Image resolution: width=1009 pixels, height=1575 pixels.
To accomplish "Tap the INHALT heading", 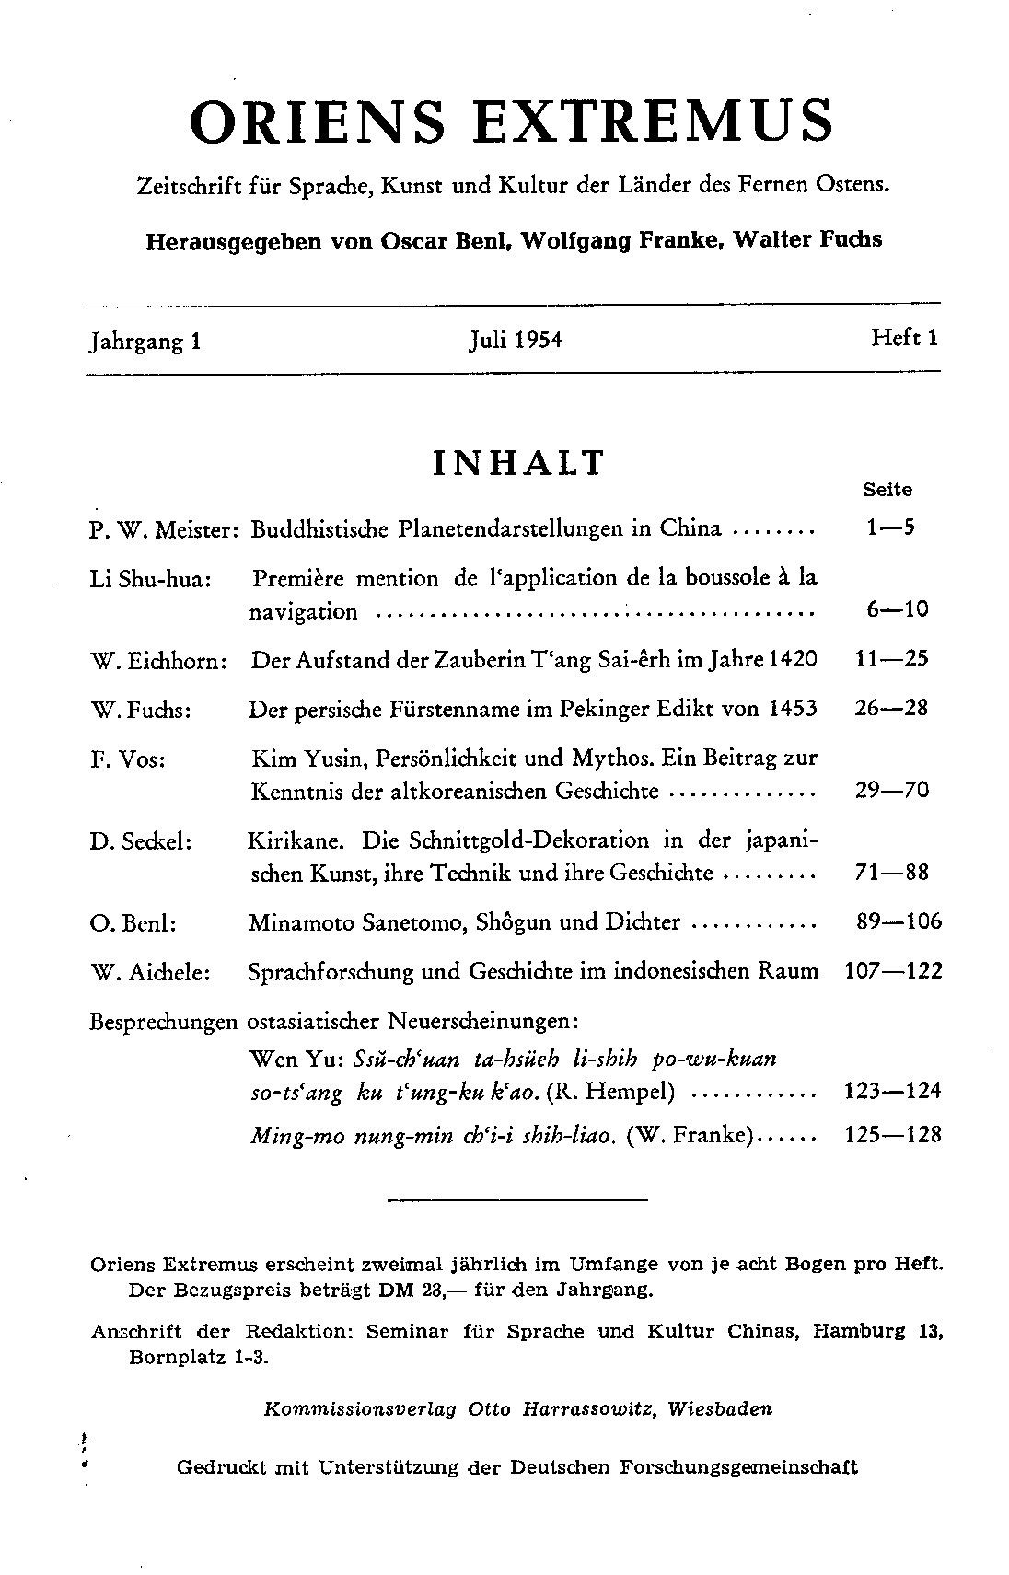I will point(518,463).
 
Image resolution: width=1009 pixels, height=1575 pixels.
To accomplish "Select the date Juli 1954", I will point(515,341).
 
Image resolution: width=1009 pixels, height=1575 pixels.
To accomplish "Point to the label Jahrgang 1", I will point(145,342).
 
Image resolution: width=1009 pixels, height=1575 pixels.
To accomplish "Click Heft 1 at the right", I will point(904,338).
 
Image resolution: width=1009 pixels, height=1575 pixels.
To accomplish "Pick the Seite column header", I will point(887,491).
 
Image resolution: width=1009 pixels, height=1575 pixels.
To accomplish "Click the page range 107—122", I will point(892,971).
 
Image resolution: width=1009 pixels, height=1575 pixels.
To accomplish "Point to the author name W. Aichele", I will point(151,972).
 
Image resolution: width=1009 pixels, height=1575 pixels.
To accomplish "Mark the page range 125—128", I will point(892,1135).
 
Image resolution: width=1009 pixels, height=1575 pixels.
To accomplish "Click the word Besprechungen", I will point(163,1023).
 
